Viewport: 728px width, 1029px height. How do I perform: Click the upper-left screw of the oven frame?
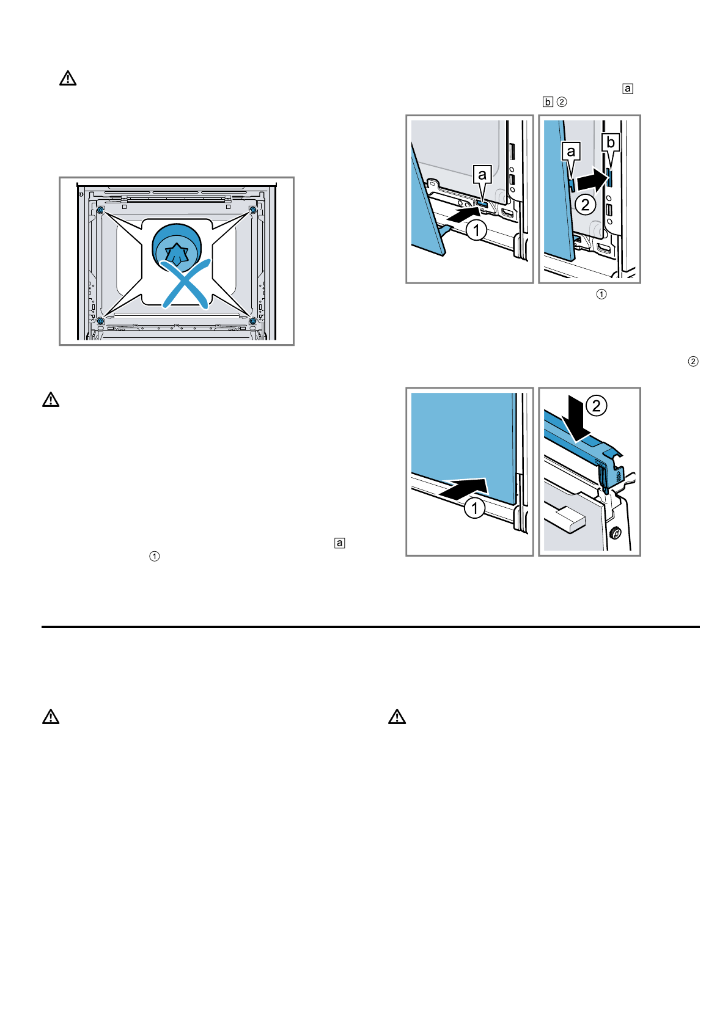(100, 210)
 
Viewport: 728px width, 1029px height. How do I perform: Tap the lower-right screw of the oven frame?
(252, 320)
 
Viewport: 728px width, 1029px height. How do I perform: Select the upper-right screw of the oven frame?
(252, 210)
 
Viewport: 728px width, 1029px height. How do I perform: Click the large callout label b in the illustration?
(610, 143)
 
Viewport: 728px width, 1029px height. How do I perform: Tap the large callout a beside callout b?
(571, 152)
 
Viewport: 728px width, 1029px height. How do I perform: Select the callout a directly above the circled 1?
(482, 175)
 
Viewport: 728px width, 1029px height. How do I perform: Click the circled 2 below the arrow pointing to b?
(586, 204)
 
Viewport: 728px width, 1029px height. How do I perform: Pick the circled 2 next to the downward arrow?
(597, 406)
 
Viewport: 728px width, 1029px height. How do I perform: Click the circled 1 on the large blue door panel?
(474, 508)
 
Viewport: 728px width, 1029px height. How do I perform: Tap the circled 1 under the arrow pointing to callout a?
(476, 230)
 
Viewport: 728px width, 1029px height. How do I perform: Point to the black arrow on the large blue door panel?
(468, 489)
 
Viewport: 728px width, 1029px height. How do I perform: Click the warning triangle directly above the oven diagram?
(68, 78)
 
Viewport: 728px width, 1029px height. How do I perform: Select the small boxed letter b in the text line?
(548, 102)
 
